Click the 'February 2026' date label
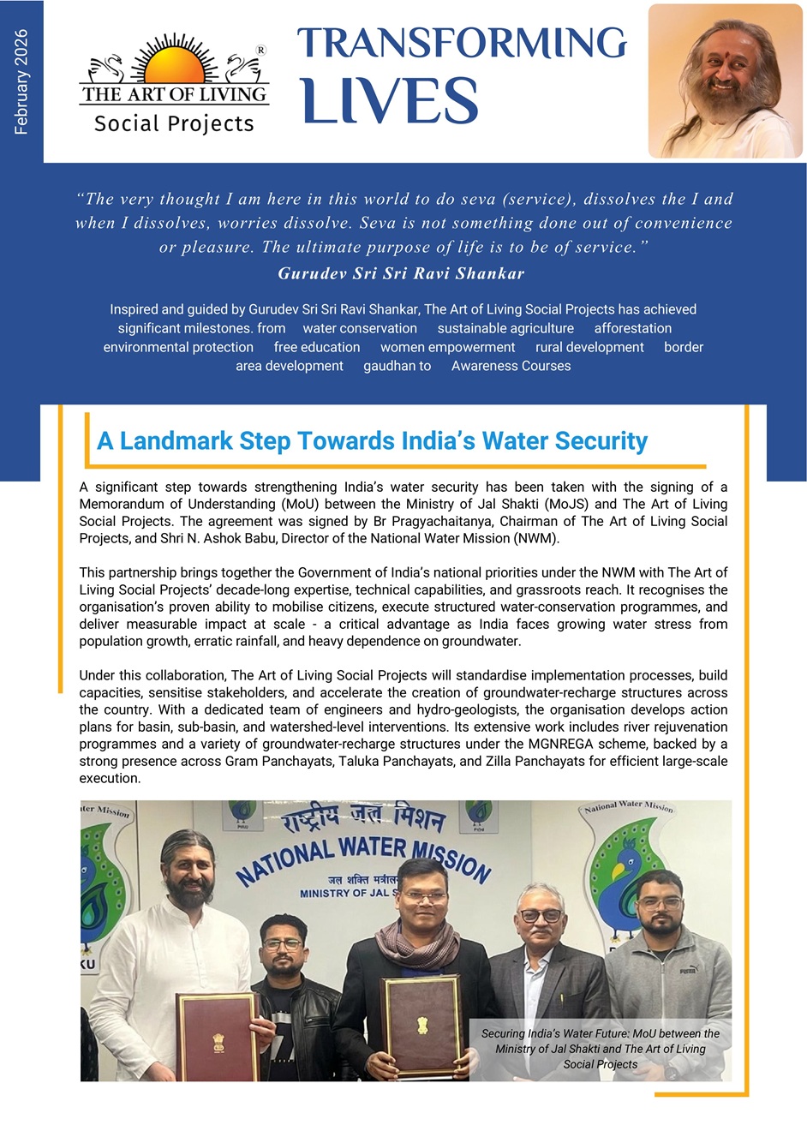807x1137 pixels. [x=21, y=82]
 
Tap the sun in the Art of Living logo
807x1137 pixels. [x=175, y=65]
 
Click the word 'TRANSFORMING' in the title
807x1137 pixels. [x=462, y=44]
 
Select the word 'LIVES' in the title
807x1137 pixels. [x=390, y=101]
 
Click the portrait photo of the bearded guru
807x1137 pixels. [x=725, y=81]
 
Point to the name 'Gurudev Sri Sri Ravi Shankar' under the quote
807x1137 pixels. [x=401, y=274]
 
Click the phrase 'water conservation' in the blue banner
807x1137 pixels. [x=360, y=328]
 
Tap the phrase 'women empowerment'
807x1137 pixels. [x=447, y=347]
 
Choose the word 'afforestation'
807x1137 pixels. [x=633, y=328]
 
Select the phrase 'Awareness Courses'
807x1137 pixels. [x=511, y=366]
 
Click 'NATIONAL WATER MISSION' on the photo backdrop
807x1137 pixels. [x=363, y=856]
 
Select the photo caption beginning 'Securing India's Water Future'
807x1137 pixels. [x=600, y=1049]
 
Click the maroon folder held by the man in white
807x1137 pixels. [x=217, y=1037]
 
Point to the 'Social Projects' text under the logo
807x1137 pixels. [x=174, y=124]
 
